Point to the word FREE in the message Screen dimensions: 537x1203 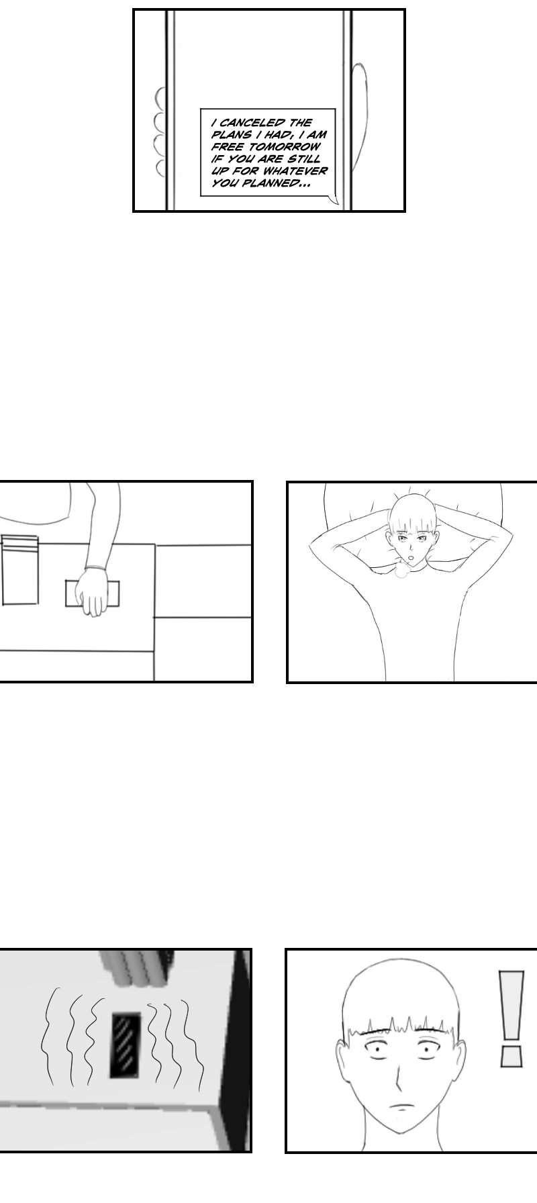(x=222, y=147)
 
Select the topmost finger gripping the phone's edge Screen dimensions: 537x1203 (x=160, y=98)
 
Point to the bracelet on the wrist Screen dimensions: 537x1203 (x=95, y=568)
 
